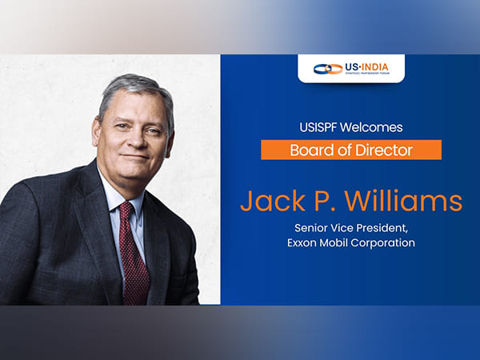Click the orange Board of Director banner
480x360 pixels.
coord(350,150)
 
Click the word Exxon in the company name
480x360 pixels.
coord(302,242)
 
